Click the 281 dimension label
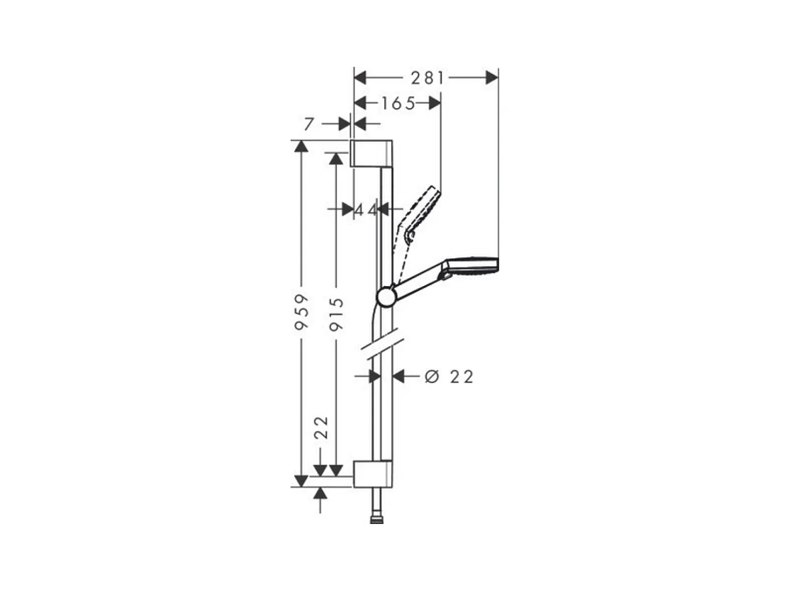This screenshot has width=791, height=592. pos(427,78)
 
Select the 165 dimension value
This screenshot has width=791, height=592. pos(398,103)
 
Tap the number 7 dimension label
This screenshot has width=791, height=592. pos(309,123)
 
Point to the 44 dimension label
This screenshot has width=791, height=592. pos(366,209)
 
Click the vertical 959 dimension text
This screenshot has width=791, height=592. pos(301,312)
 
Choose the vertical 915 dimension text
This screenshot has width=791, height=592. pos(336,314)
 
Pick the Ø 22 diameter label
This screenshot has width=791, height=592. pos(449,377)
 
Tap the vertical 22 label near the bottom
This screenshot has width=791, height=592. pos(321,427)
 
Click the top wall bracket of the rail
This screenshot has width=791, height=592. pos(371,153)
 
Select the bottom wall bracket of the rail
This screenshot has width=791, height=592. pos(372,474)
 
